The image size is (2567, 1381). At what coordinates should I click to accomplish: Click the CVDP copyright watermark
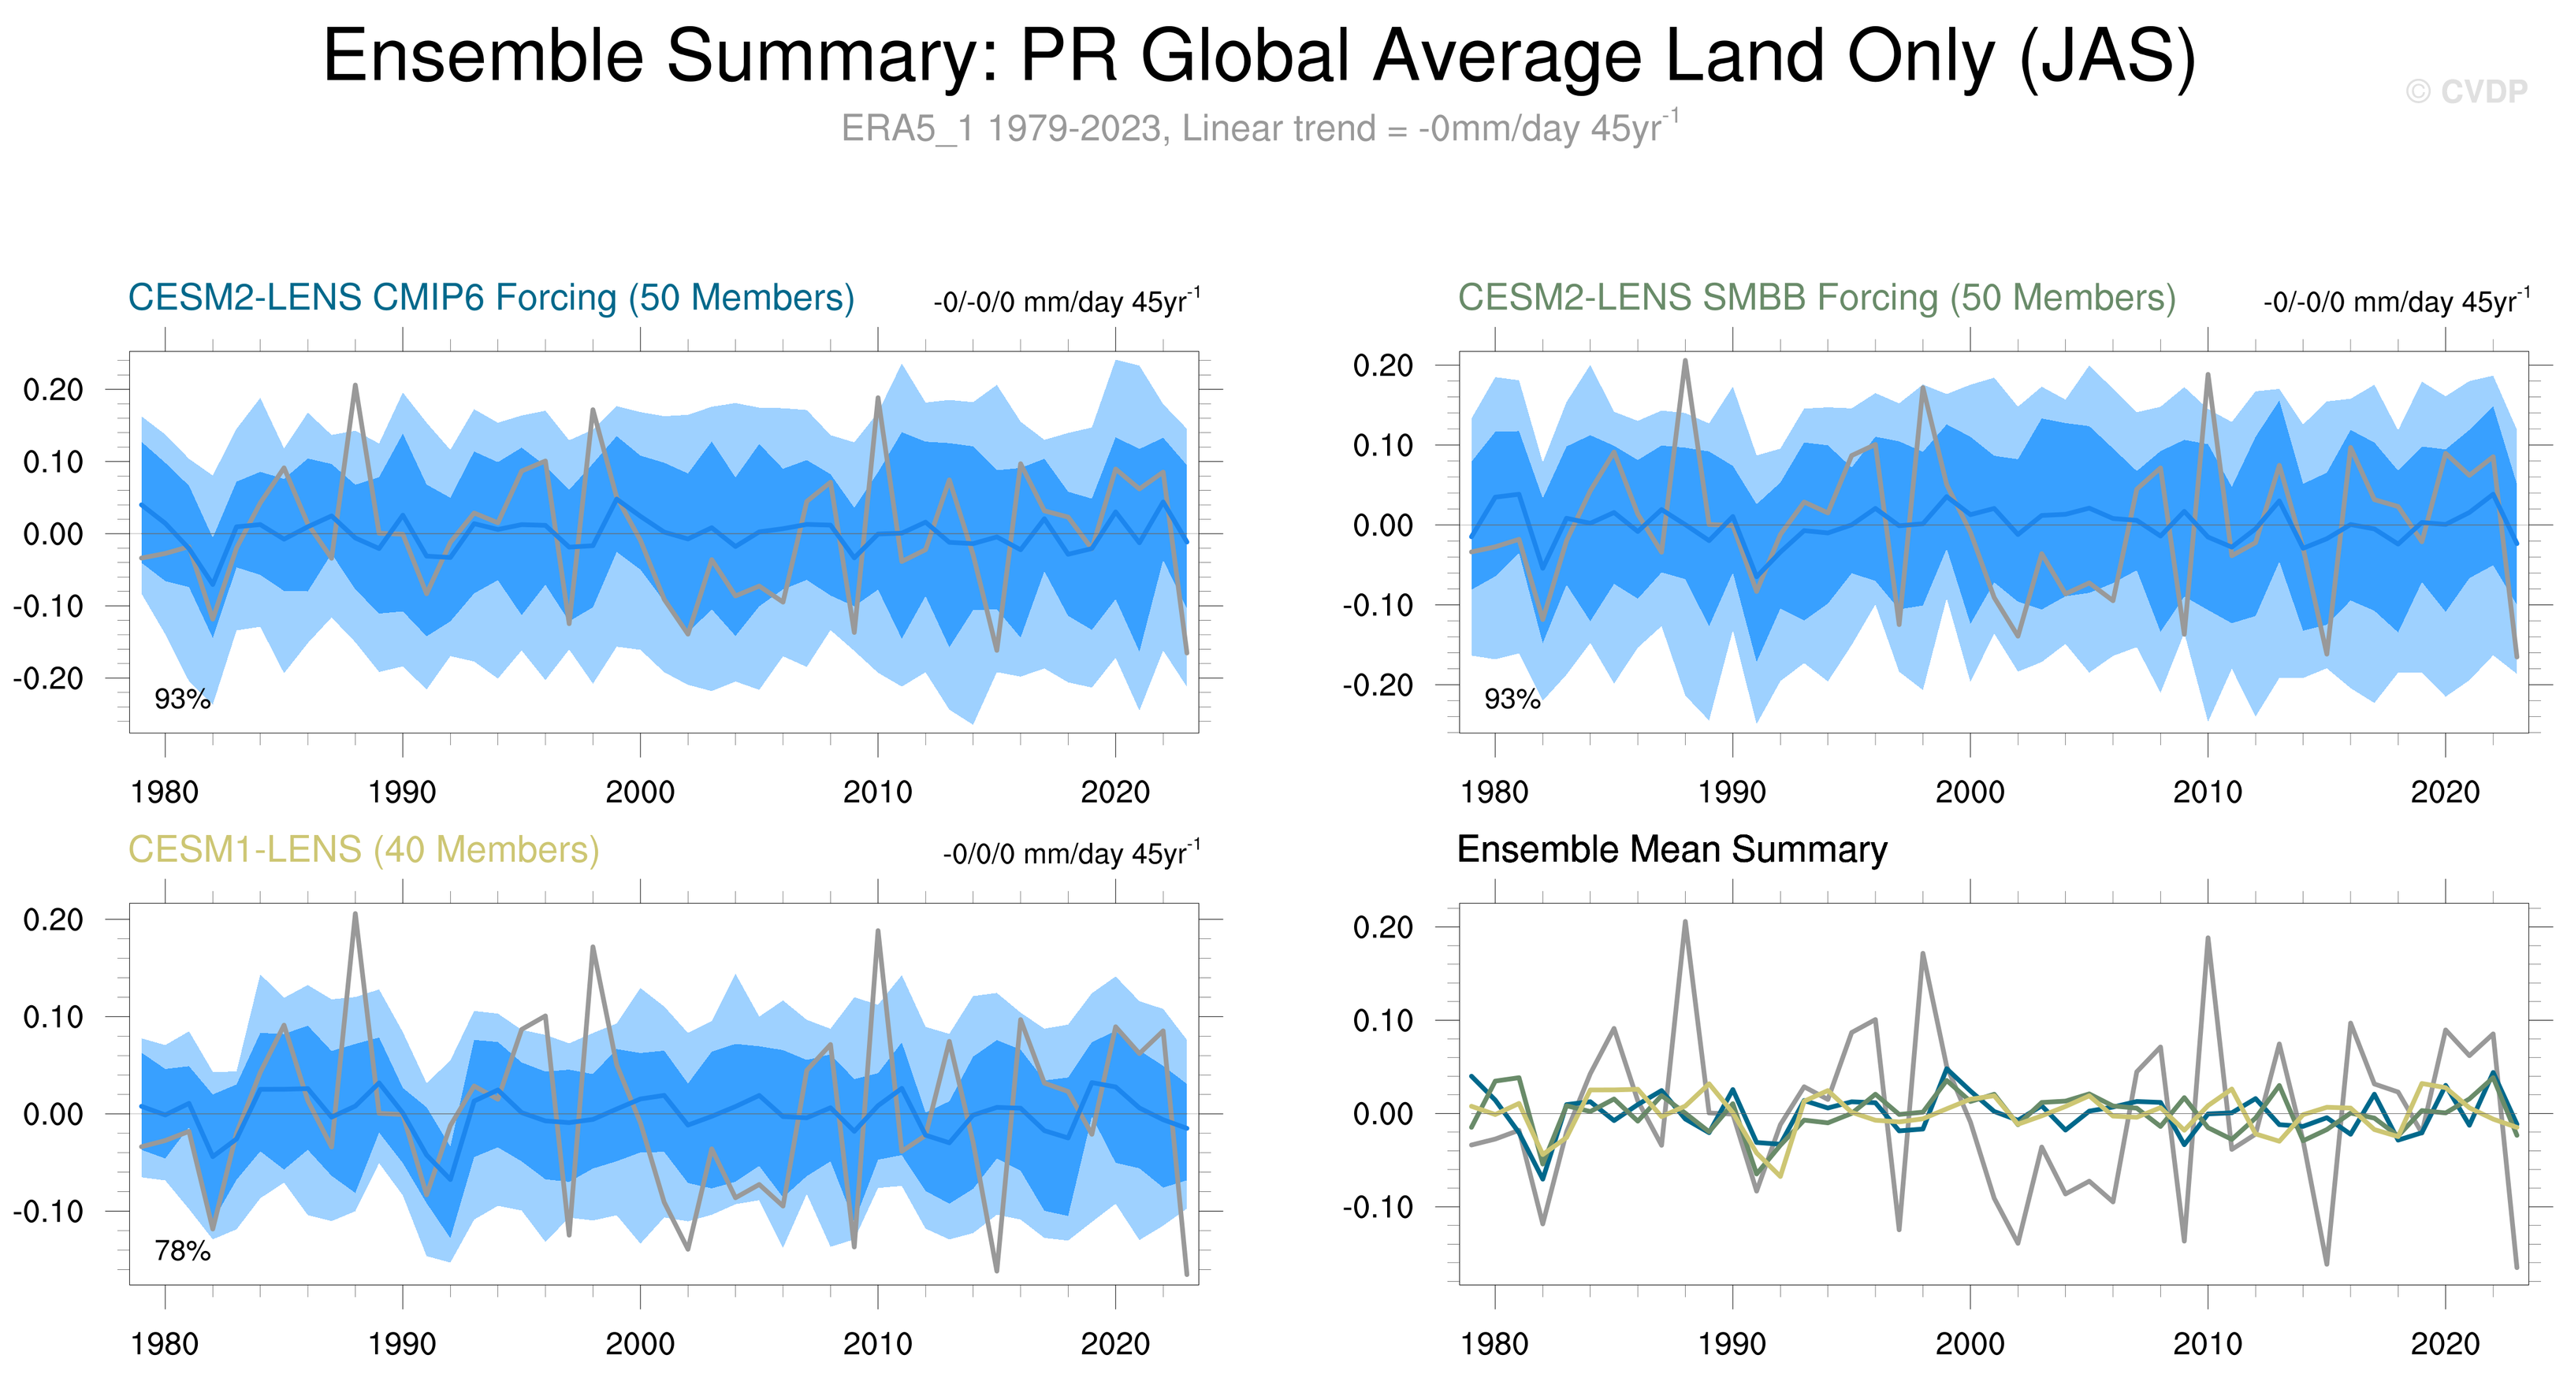pyautogui.click(x=2465, y=91)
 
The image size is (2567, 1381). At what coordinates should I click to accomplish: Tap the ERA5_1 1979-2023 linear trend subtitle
pyautogui.click(x=1259, y=128)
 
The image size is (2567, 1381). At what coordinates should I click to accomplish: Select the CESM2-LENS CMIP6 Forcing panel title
pyautogui.click(x=491, y=298)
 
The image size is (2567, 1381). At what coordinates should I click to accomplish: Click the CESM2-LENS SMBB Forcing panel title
pyautogui.click(x=1816, y=298)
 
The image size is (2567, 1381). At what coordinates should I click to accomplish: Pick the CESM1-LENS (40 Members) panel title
pyautogui.click(x=363, y=850)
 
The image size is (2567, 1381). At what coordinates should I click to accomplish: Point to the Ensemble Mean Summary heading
pyautogui.click(x=1671, y=850)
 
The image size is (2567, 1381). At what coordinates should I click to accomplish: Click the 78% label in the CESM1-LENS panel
pyautogui.click(x=182, y=1250)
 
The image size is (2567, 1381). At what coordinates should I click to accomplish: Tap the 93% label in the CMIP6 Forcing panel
pyautogui.click(x=182, y=700)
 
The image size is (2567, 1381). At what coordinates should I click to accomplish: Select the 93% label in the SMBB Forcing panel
pyautogui.click(x=1512, y=700)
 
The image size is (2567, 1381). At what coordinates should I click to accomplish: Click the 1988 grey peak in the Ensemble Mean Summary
pyautogui.click(x=1685, y=922)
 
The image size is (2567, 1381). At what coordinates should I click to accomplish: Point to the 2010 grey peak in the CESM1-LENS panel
pyautogui.click(x=878, y=932)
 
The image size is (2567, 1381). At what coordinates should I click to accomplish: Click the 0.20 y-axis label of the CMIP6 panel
pyautogui.click(x=54, y=390)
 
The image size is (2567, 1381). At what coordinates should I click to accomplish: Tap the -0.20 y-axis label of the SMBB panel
pyautogui.click(x=1377, y=685)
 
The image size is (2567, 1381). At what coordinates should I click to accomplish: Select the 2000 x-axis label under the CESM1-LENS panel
pyautogui.click(x=640, y=1344)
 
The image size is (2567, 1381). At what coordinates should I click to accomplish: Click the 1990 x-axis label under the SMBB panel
pyautogui.click(x=1732, y=793)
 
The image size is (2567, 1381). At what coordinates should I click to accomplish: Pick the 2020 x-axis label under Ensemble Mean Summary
pyautogui.click(x=2444, y=1344)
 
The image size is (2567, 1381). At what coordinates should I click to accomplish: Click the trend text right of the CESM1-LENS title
pyautogui.click(x=1071, y=854)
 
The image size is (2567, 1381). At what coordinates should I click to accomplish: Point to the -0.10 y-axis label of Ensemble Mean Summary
pyautogui.click(x=1377, y=1207)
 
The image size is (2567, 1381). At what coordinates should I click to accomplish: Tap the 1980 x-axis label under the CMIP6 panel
pyautogui.click(x=165, y=793)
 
